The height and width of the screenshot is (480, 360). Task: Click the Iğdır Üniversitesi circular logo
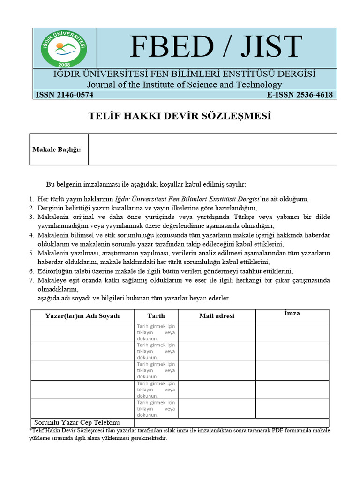tap(64, 47)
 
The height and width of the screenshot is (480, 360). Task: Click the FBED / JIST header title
tap(216, 47)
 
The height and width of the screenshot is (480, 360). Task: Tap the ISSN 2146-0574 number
tap(65, 95)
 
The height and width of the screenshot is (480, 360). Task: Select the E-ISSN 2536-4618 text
tap(300, 95)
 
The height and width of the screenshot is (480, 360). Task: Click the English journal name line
tap(184, 84)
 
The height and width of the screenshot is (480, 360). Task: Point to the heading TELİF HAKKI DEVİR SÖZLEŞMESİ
tap(180, 116)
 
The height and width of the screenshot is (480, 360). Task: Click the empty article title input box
tap(212, 150)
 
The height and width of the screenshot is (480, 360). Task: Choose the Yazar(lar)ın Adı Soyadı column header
tap(82, 316)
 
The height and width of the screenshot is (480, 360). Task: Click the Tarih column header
tap(156, 316)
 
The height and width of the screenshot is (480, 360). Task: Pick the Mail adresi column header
tap(217, 316)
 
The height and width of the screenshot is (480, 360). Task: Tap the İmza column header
tap(292, 314)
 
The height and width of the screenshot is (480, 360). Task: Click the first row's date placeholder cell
tap(156, 332)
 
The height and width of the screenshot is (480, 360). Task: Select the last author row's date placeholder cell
tap(156, 408)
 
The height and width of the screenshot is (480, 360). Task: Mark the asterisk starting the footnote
tap(30, 430)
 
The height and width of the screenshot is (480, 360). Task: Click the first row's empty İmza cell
tap(292, 332)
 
